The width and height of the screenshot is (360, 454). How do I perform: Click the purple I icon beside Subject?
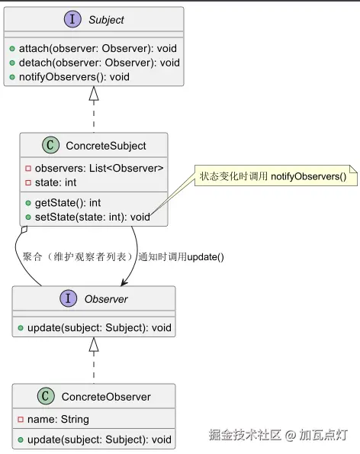[72, 19]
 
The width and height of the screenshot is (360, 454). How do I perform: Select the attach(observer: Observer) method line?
[93, 48]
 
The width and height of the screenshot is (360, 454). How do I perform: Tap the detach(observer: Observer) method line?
[95, 63]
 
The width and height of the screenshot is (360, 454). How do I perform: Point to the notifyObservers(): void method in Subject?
[69, 77]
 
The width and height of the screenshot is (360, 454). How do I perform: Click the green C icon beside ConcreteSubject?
[50, 145]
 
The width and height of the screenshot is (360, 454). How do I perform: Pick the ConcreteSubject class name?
[106, 146]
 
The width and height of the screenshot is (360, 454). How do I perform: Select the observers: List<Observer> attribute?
[95, 168]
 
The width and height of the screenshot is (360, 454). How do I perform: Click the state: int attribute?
[51, 182]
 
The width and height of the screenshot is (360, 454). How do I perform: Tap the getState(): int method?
[63, 203]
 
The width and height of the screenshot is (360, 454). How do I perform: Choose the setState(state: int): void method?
[88, 217]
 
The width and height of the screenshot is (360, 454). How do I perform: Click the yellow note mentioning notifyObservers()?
[276, 175]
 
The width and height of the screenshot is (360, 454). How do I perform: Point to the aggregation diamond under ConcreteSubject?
[24, 230]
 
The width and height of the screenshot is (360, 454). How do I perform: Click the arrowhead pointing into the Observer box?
[124, 282]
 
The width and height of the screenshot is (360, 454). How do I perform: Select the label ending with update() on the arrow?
[182, 257]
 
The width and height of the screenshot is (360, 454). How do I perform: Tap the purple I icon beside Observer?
[69, 298]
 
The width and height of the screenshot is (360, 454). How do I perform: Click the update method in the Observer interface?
[95, 328]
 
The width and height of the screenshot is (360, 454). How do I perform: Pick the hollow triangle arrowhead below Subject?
[94, 93]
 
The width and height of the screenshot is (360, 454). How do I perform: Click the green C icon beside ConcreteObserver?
[46, 396]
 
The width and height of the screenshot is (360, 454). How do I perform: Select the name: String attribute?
[53, 419]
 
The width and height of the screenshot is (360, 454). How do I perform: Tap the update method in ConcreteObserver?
[95, 440]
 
